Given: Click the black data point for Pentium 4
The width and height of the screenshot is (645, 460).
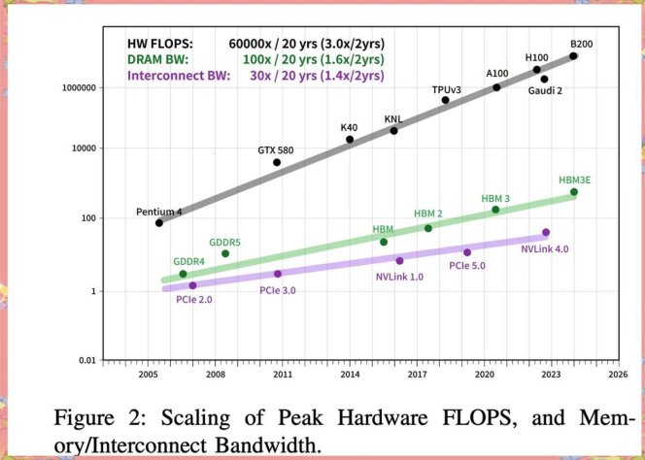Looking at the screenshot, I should [159, 222].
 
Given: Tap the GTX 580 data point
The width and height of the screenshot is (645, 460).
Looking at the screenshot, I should [277, 162].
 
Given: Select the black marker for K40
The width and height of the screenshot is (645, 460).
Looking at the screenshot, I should [350, 140].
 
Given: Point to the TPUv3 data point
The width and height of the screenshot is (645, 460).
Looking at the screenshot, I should [446, 100].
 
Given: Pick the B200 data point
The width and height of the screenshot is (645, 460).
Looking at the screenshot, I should [573, 56].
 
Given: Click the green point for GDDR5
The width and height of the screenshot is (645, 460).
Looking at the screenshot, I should [225, 254].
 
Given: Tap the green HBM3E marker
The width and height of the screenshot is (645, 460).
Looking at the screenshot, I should [573, 192].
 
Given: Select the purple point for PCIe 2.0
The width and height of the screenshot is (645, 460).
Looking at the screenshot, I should [192, 285].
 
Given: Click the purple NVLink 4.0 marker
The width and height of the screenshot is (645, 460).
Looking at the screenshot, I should [546, 232].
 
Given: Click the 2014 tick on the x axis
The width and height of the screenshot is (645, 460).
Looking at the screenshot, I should [350, 374].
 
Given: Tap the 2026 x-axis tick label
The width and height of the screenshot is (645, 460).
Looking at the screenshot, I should [618, 374].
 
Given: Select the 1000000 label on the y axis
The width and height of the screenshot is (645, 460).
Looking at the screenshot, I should [83, 87].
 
